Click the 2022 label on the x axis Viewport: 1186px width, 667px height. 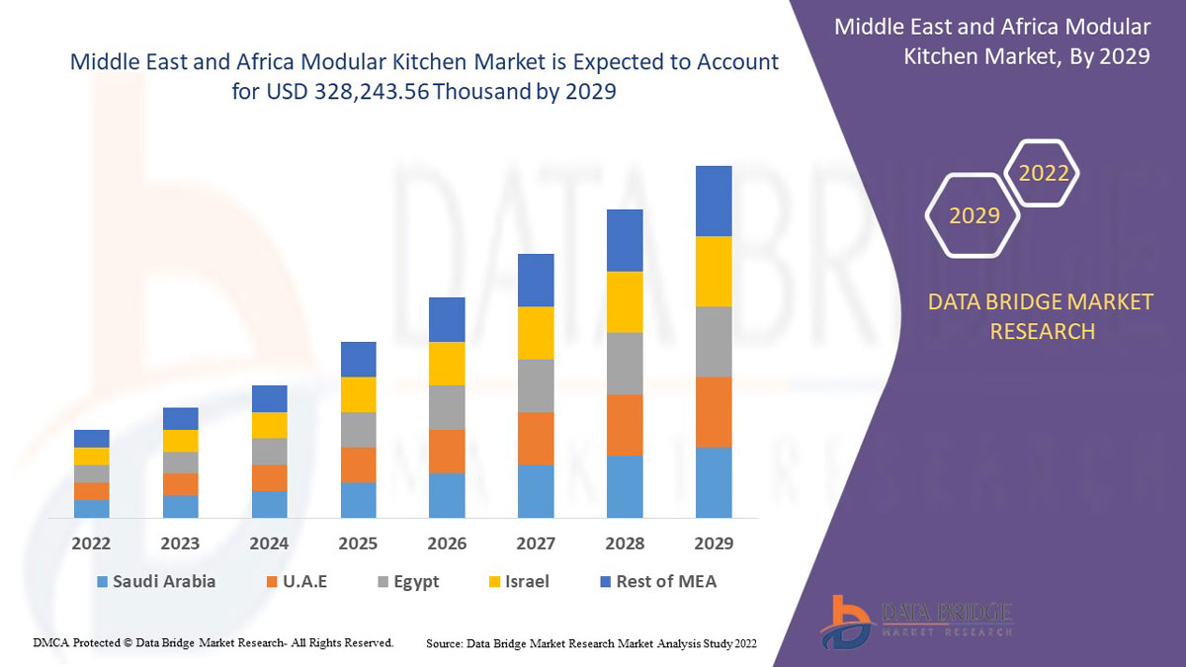91,543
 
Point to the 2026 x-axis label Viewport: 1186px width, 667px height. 447,543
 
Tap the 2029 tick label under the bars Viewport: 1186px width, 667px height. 714,543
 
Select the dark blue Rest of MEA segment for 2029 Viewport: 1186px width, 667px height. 714,201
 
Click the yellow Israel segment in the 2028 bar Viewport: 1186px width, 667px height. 625,301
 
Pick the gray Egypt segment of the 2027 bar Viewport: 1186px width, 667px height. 536,385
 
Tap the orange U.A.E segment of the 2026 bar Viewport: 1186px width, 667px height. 447,452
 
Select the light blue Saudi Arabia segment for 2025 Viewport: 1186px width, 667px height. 358,500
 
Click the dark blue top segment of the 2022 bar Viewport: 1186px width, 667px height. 91,438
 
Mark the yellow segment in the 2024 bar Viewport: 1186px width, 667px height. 269,425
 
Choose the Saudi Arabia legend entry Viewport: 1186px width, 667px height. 156,581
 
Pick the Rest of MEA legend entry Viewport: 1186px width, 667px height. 656,581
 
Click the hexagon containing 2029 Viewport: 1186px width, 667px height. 974,214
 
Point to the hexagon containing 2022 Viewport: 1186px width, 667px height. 1043,173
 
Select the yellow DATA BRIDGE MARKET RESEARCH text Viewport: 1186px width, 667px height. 1041,316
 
